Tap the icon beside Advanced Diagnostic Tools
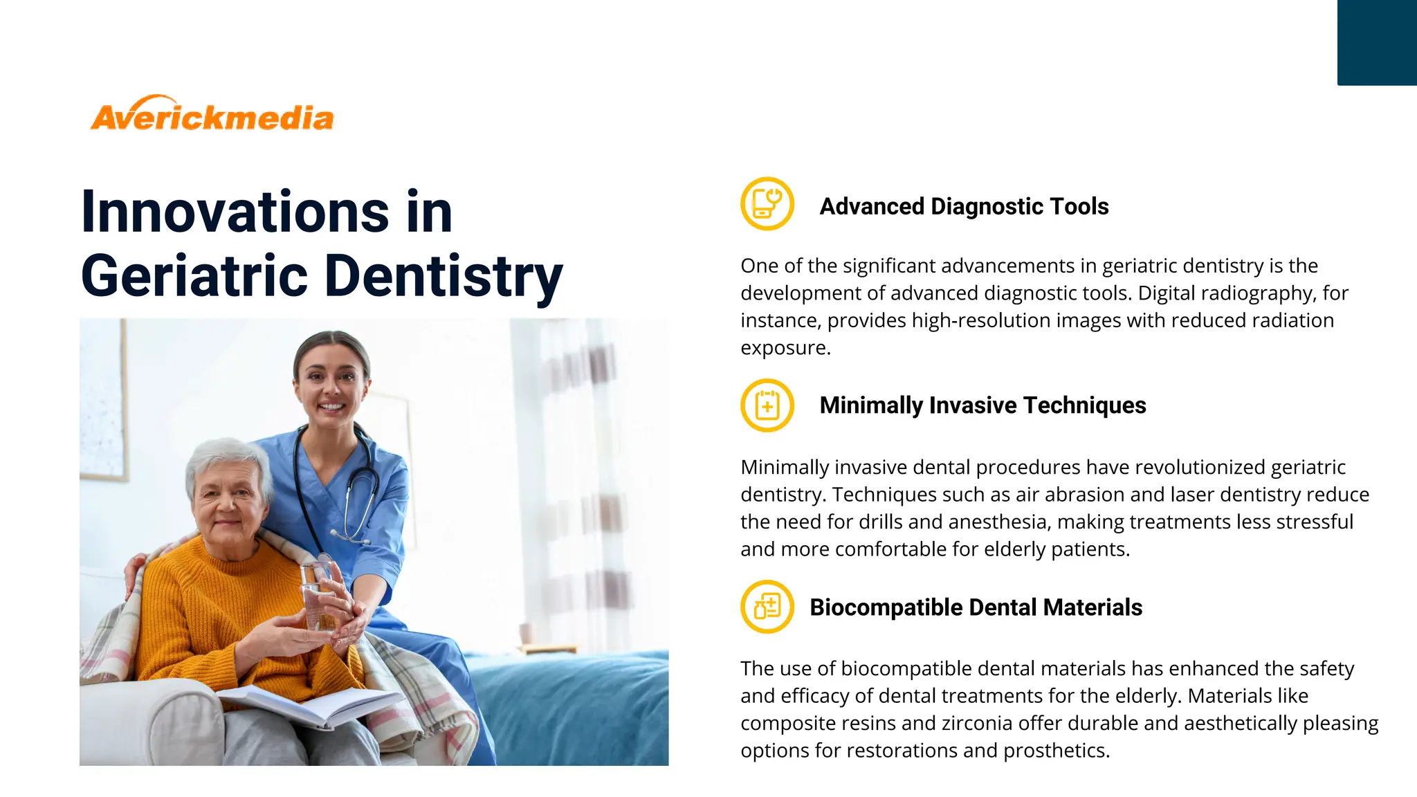767,203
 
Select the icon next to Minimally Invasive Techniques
767,405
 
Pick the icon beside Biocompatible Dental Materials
767,607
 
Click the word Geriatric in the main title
194,276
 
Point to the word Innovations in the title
235,212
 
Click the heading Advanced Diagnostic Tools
964,206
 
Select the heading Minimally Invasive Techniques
982,405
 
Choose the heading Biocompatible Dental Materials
976,607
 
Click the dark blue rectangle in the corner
1377,43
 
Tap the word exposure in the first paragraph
784,348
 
